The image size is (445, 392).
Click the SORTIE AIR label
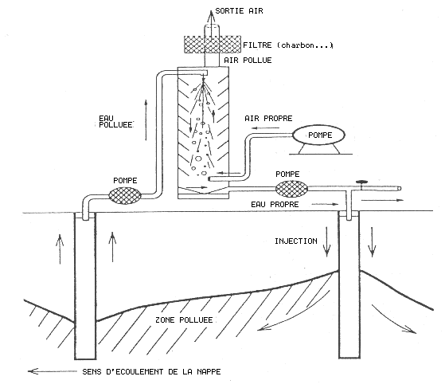pos(239,11)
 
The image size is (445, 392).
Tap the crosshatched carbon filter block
pos(213,45)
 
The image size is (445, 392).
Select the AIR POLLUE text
pos(248,61)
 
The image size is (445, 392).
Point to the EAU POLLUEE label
pos(115,122)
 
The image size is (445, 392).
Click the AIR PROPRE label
pos(268,118)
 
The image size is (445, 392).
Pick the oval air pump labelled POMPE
pos(318,135)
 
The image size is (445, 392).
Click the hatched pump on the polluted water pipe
pos(125,195)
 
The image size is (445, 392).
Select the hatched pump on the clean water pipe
pos(291,189)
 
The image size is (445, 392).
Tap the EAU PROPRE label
pos(275,205)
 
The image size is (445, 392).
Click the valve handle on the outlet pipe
pos(361,182)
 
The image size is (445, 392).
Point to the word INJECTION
pos(295,241)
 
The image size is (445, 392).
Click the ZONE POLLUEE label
pos(184,319)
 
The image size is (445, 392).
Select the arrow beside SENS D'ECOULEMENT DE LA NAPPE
pos(53,371)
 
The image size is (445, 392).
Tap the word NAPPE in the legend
pos(209,371)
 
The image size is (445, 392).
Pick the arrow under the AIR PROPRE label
pos(266,128)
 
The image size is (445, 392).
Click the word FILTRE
pos(257,45)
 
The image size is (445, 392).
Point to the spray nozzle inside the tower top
pos(203,73)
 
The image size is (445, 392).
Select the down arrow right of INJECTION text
pos(326,241)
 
